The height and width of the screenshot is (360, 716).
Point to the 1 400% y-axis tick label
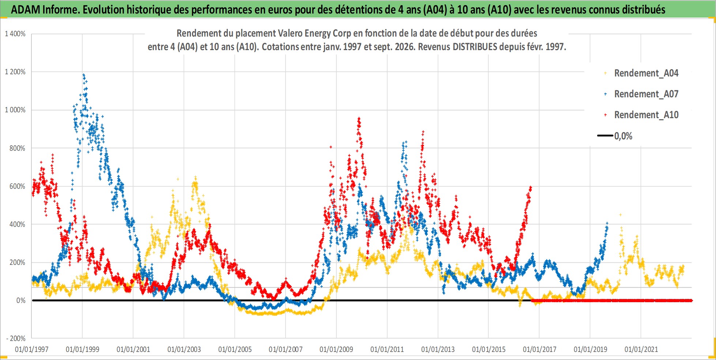(15, 34)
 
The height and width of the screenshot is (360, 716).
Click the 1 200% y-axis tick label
(15, 72)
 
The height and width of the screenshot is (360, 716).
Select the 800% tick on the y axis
(18, 148)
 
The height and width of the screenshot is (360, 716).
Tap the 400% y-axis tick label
(18, 224)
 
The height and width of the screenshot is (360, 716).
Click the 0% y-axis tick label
(21, 300)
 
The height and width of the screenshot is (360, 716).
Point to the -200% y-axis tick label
(16, 338)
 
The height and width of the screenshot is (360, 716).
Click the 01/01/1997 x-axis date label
(32, 349)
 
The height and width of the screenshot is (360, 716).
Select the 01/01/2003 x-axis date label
(184, 349)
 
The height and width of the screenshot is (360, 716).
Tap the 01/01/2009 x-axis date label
(336, 349)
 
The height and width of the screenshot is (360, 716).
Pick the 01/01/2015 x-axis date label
(489, 349)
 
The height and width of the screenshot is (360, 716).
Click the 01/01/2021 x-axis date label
(641, 349)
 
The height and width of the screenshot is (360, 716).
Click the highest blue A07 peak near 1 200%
(84, 75)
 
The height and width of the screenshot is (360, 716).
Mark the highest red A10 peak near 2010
(359, 118)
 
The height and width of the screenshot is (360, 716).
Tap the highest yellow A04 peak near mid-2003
(195, 177)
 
